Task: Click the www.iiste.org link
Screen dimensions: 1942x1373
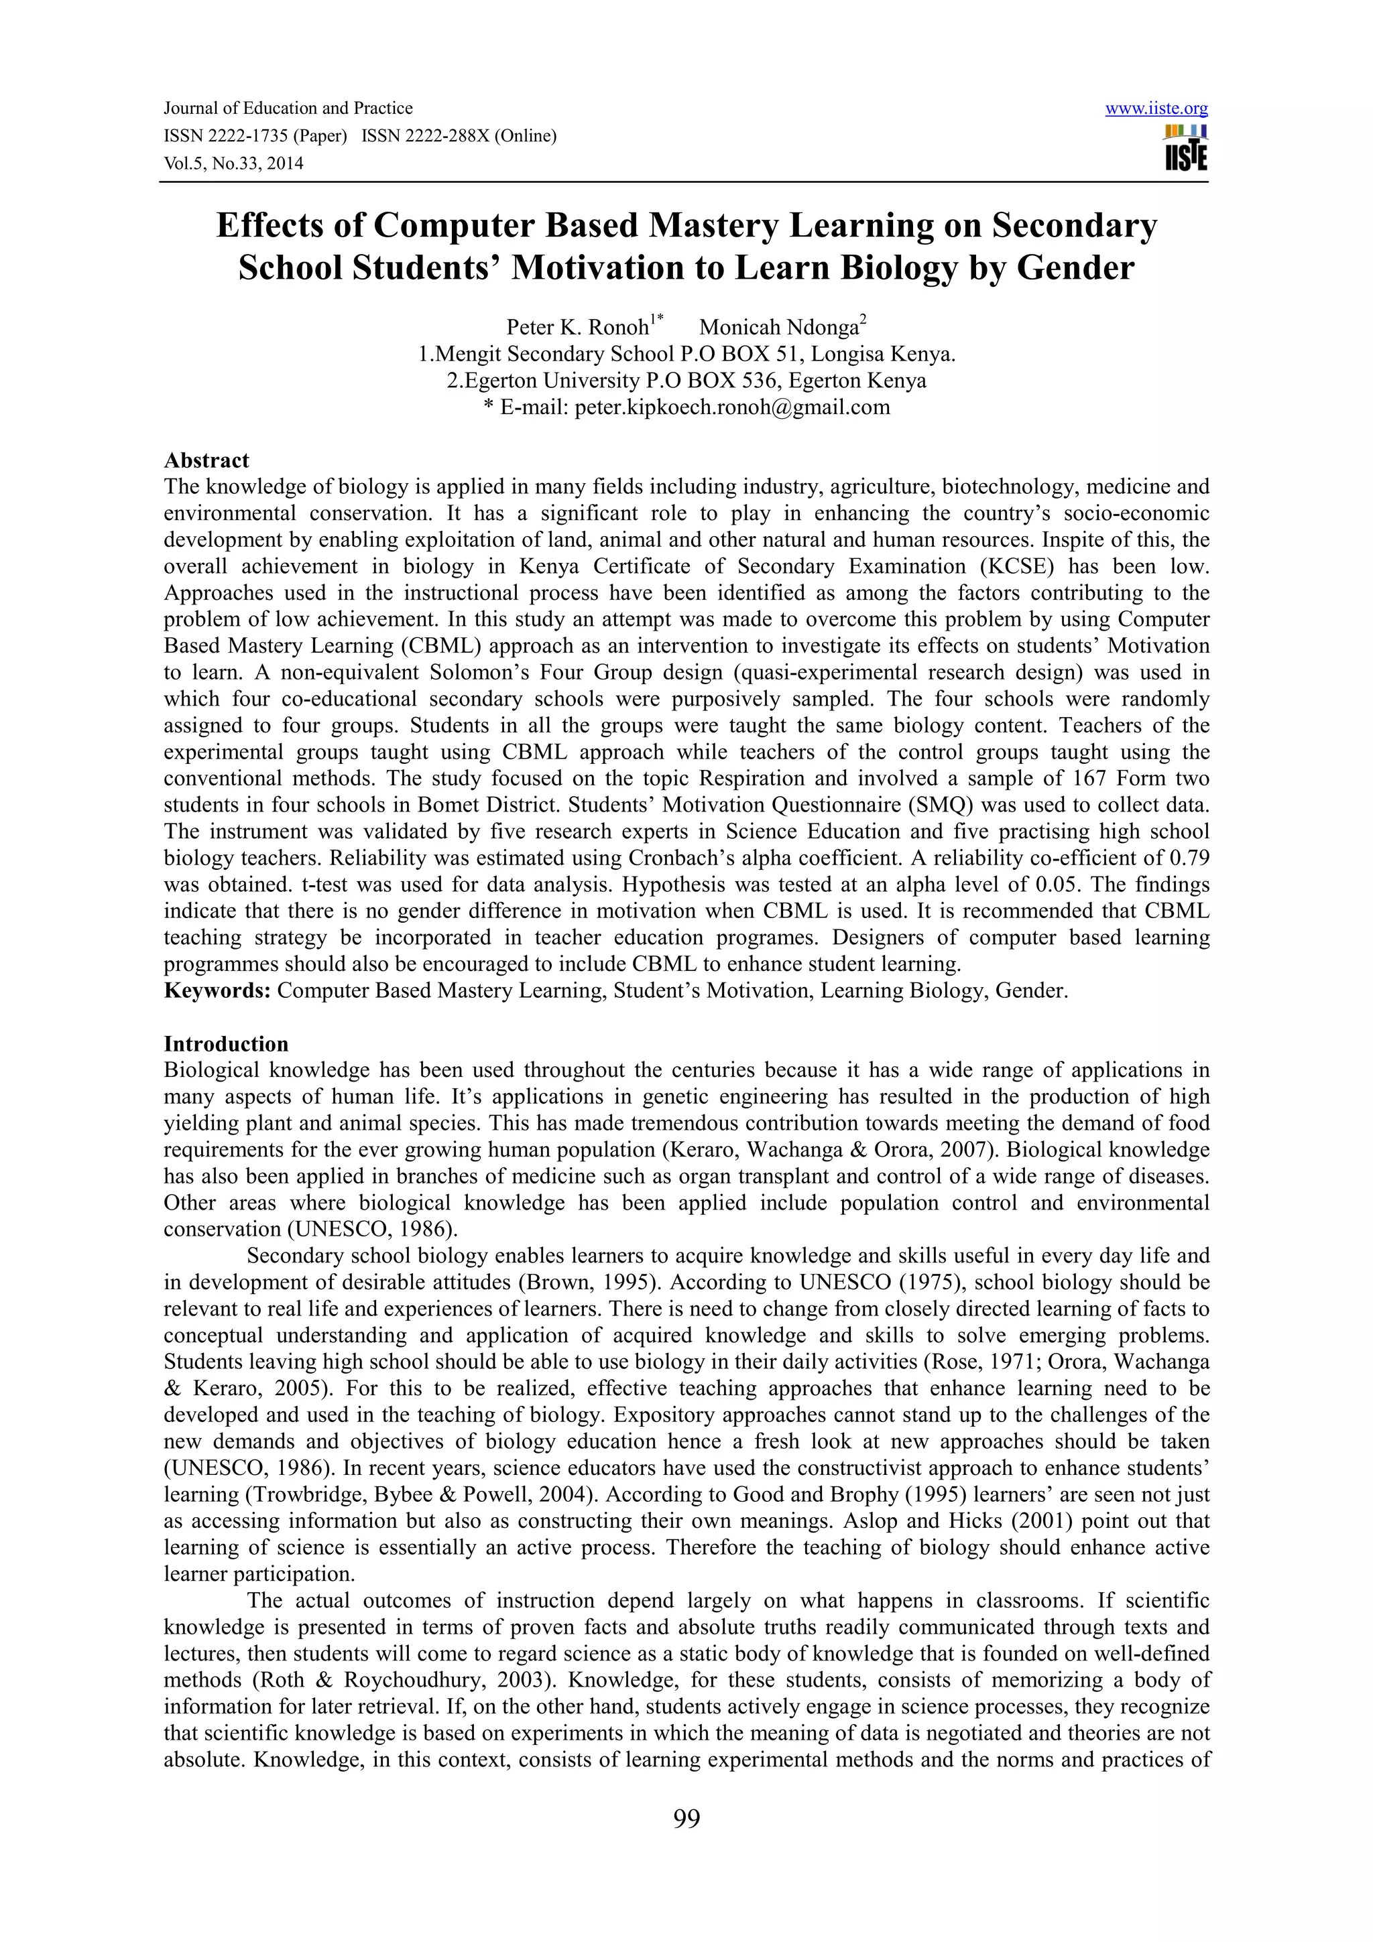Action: [1156, 109]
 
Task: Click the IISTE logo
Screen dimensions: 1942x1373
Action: [1185, 149]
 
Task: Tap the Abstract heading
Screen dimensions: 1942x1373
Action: [206, 460]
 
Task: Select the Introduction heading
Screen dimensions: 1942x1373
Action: [226, 1044]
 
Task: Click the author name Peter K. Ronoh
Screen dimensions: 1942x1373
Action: [578, 327]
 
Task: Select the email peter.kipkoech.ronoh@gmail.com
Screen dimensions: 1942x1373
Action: [732, 407]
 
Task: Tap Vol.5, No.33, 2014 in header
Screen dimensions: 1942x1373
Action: [233, 164]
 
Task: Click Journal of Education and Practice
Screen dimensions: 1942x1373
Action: [288, 109]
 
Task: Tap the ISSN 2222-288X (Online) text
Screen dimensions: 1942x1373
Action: [459, 136]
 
